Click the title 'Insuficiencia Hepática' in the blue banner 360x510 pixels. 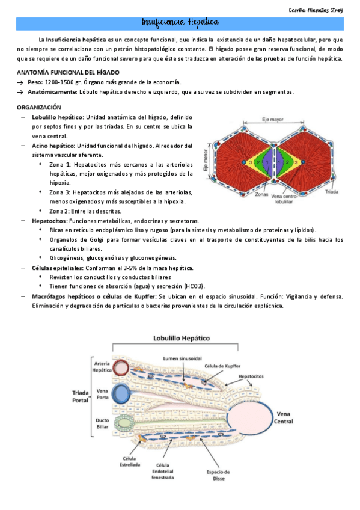click(x=180, y=22)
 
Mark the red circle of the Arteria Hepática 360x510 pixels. click(x=121, y=367)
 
